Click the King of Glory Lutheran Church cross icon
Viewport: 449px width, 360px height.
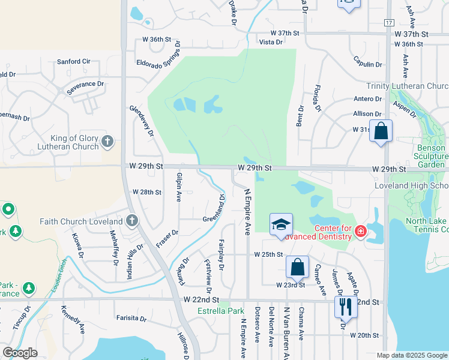tap(107, 142)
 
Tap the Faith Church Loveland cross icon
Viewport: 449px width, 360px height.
tap(132, 221)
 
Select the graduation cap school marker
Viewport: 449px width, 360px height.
tap(280, 224)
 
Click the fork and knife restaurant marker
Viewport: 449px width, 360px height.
tap(345, 307)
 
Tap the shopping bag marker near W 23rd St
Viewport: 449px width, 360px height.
tap(297, 267)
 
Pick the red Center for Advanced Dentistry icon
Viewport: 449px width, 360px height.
tap(360, 231)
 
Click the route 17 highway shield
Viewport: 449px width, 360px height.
tap(388, 23)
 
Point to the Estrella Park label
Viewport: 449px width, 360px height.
tap(221, 311)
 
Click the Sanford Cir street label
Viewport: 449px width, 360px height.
tap(73, 61)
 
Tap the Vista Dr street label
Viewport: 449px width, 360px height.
tap(271, 42)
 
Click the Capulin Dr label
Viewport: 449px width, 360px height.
tap(369, 64)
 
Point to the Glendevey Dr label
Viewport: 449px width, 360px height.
tap(142, 121)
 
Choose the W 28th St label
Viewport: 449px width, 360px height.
tap(147, 192)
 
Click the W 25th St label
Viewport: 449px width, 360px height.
tap(268, 254)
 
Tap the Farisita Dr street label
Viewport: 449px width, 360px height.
tap(132, 318)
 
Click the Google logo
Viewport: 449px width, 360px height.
tap(20, 353)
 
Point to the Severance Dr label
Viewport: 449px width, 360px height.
tap(85, 85)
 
